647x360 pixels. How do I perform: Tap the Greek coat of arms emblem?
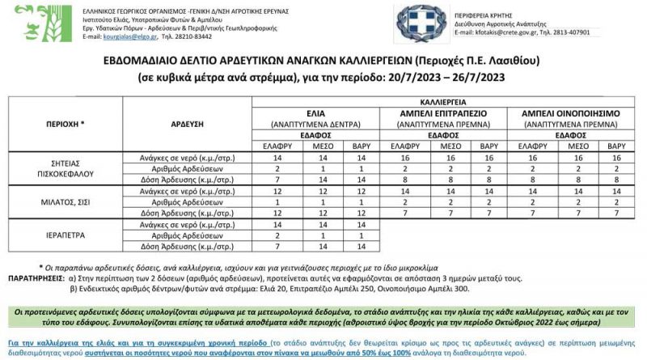[419, 22]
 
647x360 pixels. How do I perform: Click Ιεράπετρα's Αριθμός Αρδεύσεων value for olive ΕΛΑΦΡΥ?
[277, 235]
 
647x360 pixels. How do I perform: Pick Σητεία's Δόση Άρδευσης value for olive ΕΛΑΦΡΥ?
[277, 179]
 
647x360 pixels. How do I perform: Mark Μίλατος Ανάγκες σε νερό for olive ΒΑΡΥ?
[361, 190]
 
